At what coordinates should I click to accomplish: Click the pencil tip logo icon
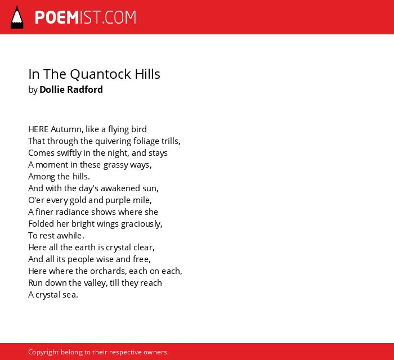tap(17, 17)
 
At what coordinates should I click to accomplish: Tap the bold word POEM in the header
tap(57, 17)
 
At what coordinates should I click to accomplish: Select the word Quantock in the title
tap(101, 74)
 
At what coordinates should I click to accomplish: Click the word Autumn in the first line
tap(67, 129)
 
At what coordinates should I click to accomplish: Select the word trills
tap(171, 141)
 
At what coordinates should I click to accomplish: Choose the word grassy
tap(116, 165)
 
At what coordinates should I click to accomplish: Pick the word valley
tap(96, 283)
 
